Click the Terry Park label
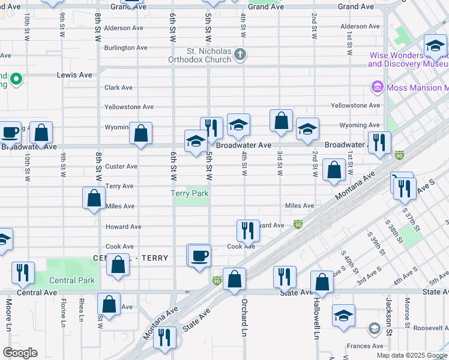pyautogui.click(x=190, y=194)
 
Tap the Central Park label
pyautogui.click(x=71, y=280)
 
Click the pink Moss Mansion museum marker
pyautogui.click(x=378, y=88)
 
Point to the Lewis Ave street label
pyautogui.click(x=74, y=75)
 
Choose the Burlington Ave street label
pyautogui.click(x=125, y=47)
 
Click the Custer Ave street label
pyautogui.click(x=121, y=166)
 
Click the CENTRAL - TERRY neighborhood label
pyautogui.click(x=131, y=258)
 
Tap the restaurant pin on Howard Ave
pyautogui.click(x=247, y=229)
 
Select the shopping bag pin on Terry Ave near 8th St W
pyautogui.click(x=94, y=197)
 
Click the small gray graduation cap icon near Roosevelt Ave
pyautogui.click(x=374, y=328)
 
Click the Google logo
pyautogui.click(x=20, y=353)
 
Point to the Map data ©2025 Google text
pyautogui.click(x=412, y=355)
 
